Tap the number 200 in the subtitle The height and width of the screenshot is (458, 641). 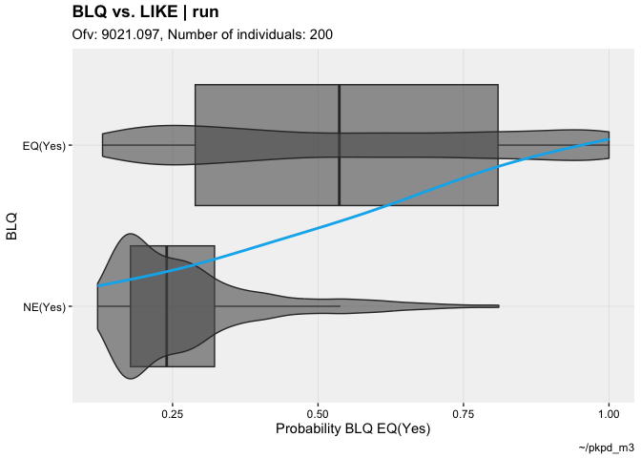pos(320,35)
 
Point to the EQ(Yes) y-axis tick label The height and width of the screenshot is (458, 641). pos(44,146)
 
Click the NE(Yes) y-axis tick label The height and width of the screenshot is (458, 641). pos(44,307)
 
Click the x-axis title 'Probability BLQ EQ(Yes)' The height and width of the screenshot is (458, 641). pos(353,429)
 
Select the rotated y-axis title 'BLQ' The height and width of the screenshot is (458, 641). pos(12,226)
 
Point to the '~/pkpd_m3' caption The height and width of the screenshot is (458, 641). pos(606,448)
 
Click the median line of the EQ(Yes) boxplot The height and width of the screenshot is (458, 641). pos(340,145)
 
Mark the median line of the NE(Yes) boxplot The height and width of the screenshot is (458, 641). pos(167,306)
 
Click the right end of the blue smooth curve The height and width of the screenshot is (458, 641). pos(609,140)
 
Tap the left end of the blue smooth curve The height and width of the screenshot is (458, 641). pos(98,285)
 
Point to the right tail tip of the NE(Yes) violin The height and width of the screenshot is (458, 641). pos(498,306)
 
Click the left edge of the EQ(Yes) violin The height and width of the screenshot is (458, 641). pos(103,145)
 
